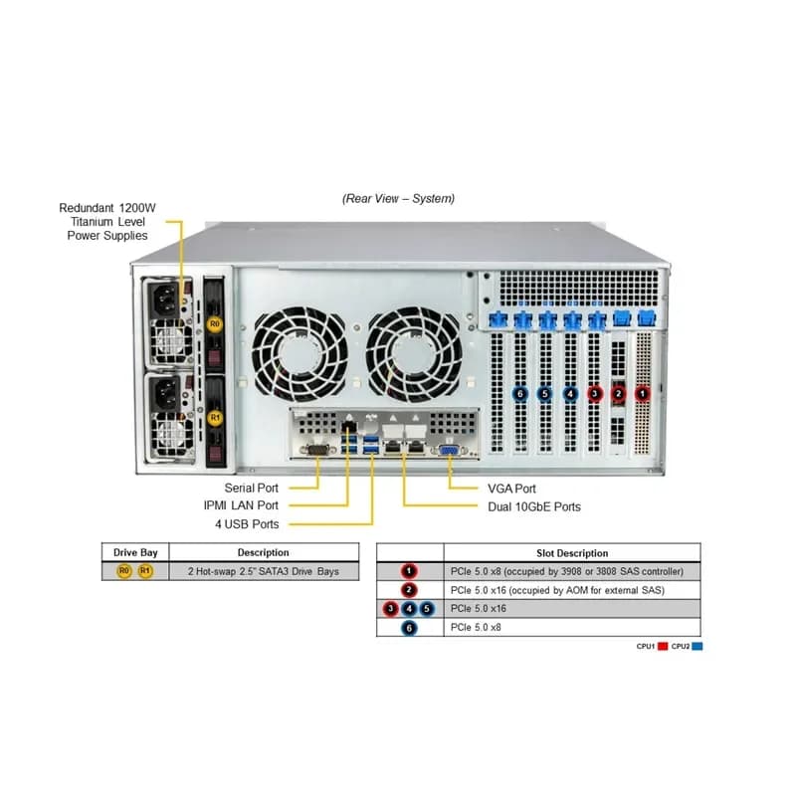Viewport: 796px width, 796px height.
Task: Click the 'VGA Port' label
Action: (511, 489)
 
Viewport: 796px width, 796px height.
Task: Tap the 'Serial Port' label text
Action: (252, 488)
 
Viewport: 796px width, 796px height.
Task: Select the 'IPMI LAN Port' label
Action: (241, 505)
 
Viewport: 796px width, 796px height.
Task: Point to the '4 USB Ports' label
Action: (247, 524)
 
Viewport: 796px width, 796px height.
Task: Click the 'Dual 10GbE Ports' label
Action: (534, 506)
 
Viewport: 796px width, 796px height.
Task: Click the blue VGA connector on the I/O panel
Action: (450, 450)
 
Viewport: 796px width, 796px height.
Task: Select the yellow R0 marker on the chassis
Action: (215, 324)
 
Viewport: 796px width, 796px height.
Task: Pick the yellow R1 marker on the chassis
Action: (215, 417)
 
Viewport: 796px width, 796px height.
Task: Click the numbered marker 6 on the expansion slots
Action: (519, 393)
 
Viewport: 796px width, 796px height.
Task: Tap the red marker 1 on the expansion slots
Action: (643, 393)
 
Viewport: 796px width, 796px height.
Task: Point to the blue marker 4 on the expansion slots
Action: (570, 393)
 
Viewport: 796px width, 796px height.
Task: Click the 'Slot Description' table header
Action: (572, 553)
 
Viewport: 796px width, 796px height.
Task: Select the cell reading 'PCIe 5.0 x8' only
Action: (476, 628)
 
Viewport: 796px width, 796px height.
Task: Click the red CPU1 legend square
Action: (663, 646)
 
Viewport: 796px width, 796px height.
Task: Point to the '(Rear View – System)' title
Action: (399, 198)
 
